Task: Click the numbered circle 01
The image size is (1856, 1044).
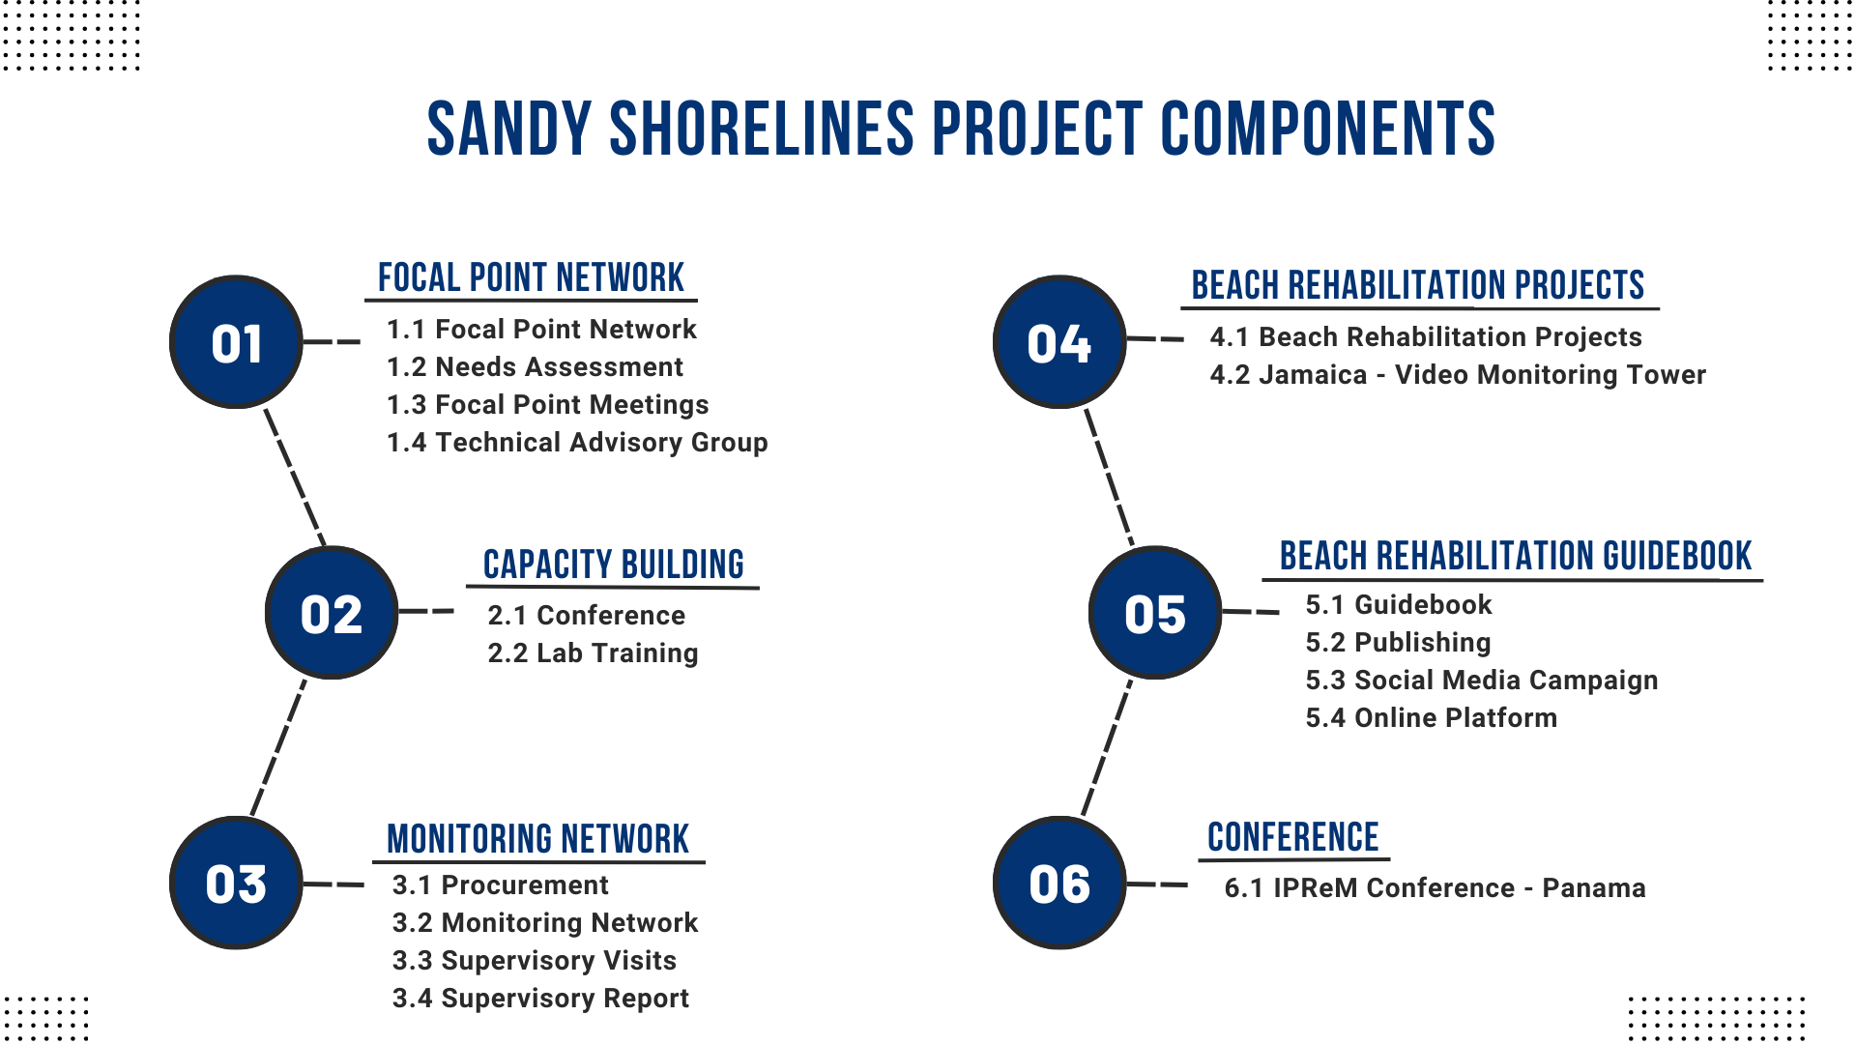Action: click(236, 342)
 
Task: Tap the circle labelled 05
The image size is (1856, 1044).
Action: click(1155, 613)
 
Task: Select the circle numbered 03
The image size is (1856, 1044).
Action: click(236, 883)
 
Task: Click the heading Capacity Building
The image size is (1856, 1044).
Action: click(613, 565)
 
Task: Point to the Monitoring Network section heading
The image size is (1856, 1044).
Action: click(537, 839)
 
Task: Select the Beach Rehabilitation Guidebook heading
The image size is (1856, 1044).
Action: click(1515, 556)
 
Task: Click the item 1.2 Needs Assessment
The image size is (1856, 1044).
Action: click(535, 367)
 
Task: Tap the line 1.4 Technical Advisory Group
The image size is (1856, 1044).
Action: click(577, 443)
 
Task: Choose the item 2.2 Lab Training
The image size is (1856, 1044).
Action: click(593, 653)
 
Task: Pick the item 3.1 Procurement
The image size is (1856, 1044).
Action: click(500, 885)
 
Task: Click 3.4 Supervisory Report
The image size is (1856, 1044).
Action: click(540, 999)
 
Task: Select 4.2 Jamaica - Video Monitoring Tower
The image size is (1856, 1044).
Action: click(1458, 375)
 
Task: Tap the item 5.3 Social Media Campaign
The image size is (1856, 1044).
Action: click(1481, 681)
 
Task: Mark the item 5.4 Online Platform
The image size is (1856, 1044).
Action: click(1431, 718)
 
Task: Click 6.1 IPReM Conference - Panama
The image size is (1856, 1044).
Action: click(1435, 888)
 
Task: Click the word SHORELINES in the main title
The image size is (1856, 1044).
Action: click(761, 129)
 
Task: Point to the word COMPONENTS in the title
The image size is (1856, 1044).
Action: click(1327, 129)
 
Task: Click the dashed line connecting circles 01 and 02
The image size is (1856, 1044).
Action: click(295, 478)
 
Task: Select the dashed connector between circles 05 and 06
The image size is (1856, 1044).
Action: click(1107, 747)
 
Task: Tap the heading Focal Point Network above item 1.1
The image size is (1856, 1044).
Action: click(531, 277)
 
